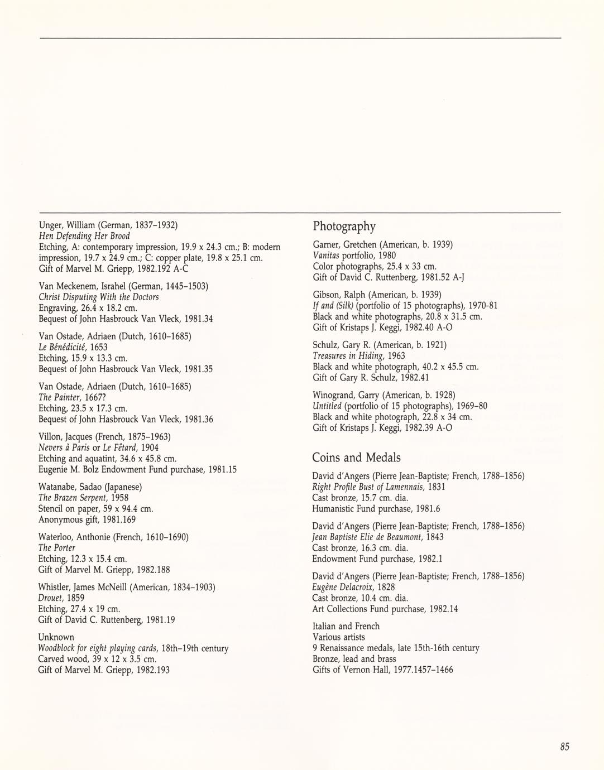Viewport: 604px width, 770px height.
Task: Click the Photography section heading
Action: (344, 227)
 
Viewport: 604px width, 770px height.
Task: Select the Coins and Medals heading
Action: (356, 458)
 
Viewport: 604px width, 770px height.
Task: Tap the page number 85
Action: (564, 747)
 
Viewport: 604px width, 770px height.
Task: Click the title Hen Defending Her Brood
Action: (84, 236)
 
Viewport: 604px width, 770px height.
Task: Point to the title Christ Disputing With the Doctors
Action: (98, 297)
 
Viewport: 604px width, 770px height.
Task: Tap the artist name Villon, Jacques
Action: (66, 436)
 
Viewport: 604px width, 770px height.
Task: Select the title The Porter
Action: (56, 548)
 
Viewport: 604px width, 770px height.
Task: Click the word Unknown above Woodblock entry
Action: (56, 637)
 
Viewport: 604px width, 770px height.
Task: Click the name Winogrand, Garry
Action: (344, 395)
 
